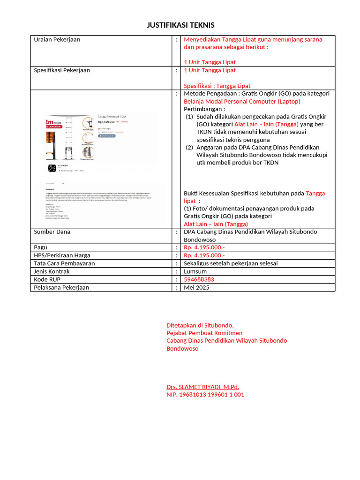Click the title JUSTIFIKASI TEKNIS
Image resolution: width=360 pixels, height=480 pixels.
click(180, 25)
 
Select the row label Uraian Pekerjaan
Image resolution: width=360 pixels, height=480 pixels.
click(57, 39)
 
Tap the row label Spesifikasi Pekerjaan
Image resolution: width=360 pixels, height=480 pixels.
click(62, 70)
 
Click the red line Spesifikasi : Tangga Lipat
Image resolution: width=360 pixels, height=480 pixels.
click(217, 86)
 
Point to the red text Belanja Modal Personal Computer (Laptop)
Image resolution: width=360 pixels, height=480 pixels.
click(242, 101)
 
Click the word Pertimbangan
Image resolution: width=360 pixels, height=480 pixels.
click(203, 109)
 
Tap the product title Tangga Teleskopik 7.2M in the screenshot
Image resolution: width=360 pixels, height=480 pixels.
click(112, 116)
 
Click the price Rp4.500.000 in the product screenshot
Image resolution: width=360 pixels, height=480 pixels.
click(106, 122)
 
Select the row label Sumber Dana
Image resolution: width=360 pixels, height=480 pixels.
click(52, 232)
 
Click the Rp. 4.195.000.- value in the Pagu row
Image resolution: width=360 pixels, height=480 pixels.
click(204, 247)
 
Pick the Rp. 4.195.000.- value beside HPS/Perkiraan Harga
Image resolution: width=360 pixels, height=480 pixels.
click(204, 255)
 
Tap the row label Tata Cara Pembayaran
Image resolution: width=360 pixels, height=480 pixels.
click(64, 263)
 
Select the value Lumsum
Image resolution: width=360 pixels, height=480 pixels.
click(195, 271)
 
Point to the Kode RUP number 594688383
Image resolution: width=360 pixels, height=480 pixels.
click(199, 279)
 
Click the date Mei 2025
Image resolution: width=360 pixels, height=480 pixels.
click(196, 287)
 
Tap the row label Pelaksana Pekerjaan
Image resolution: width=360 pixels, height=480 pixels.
click(61, 287)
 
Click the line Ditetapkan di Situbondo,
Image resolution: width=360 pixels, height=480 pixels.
click(200, 325)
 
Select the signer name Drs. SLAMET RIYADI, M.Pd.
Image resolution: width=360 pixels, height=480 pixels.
click(203, 387)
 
